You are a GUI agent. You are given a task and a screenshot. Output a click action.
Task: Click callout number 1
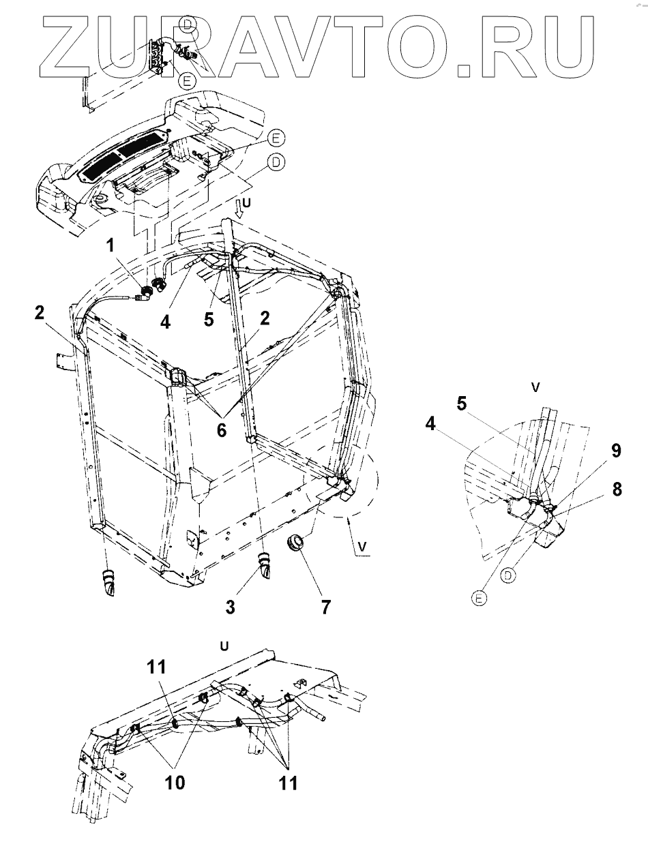[x=111, y=245]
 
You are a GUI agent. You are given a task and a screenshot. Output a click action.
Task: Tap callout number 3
[x=230, y=607]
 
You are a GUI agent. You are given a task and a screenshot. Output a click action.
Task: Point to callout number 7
[x=325, y=607]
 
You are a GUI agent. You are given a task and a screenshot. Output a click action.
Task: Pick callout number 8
[x=617, y=489]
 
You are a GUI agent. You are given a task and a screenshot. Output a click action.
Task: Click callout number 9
[x=616, y=451]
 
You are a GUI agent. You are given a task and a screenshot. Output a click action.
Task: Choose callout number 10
[x=175, y=782]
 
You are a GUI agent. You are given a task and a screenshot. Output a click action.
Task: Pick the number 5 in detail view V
[x=462, y=404]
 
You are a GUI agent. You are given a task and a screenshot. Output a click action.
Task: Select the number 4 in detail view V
[x=430, y=423]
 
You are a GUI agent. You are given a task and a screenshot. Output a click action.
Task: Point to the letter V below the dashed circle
[x=362, y=547]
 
